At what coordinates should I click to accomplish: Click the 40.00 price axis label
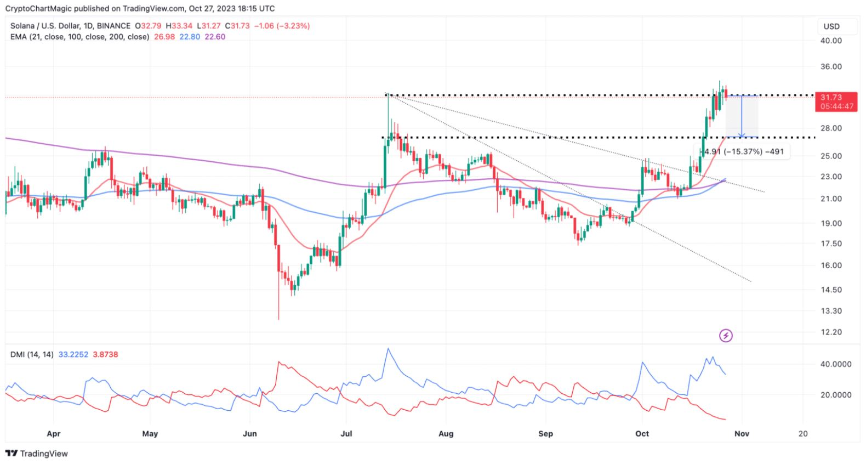pyautogui.click(x=831, y=41)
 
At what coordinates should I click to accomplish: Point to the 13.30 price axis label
pyautogui.click(x=831, y=311)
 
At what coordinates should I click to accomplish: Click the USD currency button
pyautogui.click(x=831, y=26)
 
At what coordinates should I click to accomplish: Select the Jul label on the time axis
pyautogui.click(x=346, y=434)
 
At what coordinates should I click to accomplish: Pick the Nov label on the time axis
pyautogui.click(x=742, y=434)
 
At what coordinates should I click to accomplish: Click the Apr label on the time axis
pyautogui.click(x=53, y=434)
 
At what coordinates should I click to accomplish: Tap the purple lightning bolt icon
pyautogui.click(x=726, y=336)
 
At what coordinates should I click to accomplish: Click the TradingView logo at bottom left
pyautogui.click(x=37, y=454)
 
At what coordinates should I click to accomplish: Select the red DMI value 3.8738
pyautogui.click(x=106, y=355)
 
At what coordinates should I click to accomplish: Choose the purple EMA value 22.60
pyautogui.click(x=214, y=37)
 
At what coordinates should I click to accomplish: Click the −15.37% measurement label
pyautogui.click(x=743, y=151)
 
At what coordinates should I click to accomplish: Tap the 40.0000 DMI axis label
pyautogui.click(x=835, y=364)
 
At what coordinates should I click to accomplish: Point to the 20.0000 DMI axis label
pyautogui.click(x=835, y=395)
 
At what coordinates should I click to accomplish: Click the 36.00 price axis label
pyautogui.click(x=831, y=67)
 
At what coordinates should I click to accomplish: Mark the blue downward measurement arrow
pyautogui.click(x=742, y=116)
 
